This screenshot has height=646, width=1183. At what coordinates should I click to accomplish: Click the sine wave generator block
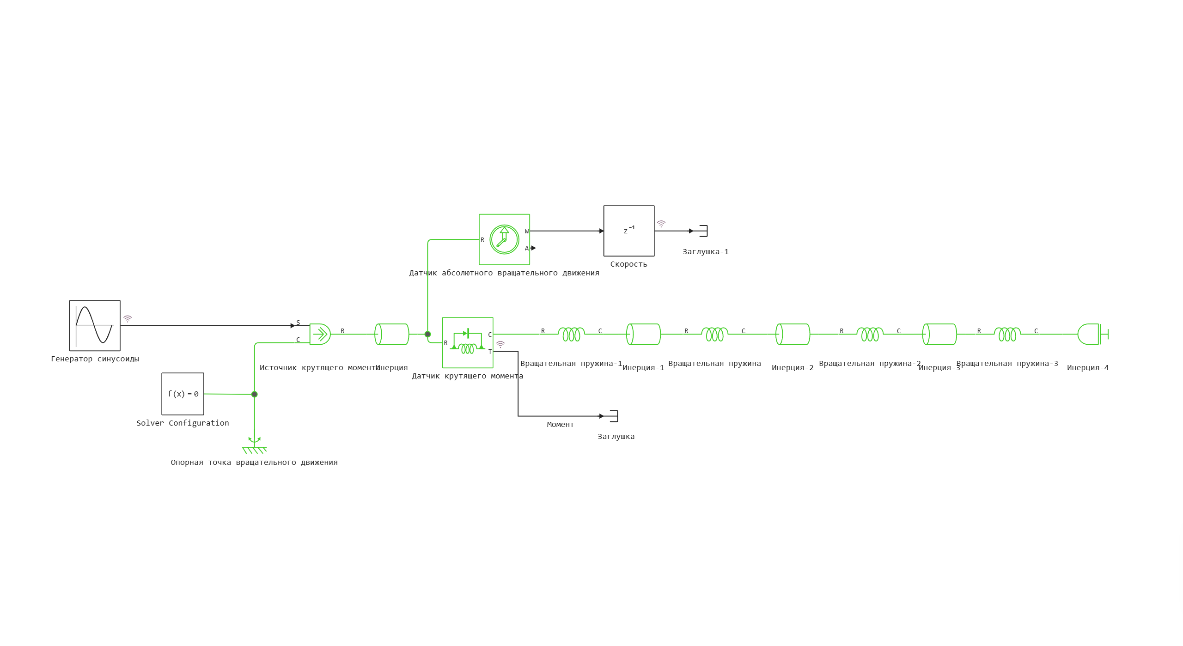click(x=95, y=325)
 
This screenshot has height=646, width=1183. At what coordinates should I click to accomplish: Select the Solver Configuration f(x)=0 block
click(x=183, y=394)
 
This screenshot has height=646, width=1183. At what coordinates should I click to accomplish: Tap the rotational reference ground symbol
click(x=254, y=447)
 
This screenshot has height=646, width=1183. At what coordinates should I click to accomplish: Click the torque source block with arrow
click(x=320, y=334)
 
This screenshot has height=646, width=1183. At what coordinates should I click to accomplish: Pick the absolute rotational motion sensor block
click(x=504, y=239)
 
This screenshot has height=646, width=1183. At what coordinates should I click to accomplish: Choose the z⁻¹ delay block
click(x=628, y=231)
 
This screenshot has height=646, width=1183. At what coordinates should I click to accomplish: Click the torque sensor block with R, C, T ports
click(x=467, y=342)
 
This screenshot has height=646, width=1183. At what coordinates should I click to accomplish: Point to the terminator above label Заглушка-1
click(x=703, y=231)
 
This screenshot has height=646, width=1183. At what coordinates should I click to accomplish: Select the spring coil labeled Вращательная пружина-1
click(x=572, y=334)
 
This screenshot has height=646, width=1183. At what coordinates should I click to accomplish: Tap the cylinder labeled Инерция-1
click(x=643, y=334)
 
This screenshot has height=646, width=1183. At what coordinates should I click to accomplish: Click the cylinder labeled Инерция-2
click(x=793, y=334)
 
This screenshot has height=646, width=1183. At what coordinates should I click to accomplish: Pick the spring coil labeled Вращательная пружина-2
click(x=870, y=334)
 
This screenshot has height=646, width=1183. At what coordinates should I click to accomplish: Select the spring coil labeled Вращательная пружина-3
click(x=1007, y=334)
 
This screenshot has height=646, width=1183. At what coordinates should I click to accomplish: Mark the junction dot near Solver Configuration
click(x=254, y=394)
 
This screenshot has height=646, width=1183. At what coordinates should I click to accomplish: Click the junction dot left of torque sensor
click(x=427, y=334)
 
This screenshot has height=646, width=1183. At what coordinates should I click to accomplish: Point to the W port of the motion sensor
click(x=526, y=231)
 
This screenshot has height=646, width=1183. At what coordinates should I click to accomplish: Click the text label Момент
click(x=560, y=424)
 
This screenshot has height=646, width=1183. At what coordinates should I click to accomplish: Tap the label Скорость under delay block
click(x=628, y=264)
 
